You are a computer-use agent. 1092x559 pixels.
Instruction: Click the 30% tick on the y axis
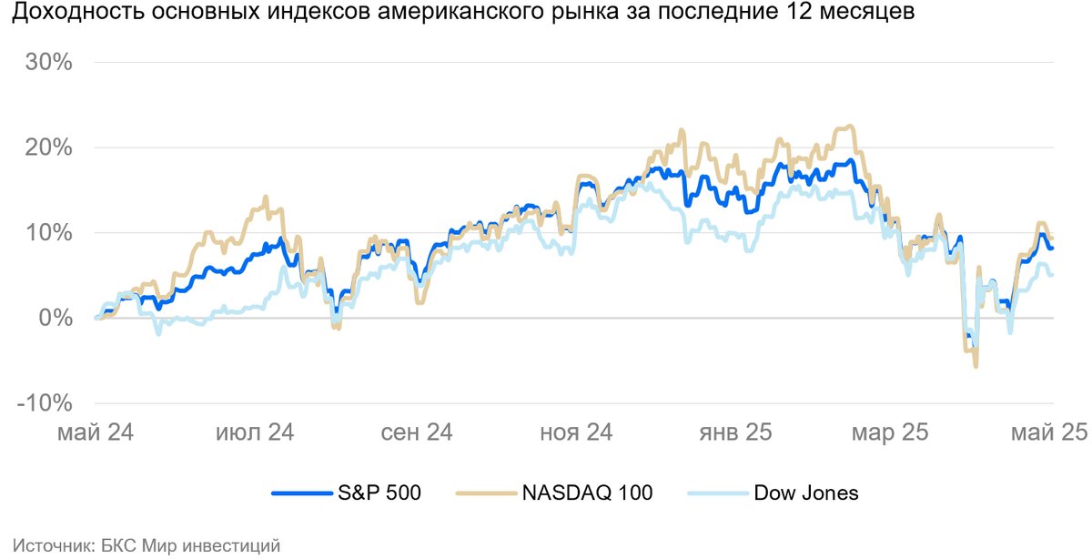click(x=49, y=63)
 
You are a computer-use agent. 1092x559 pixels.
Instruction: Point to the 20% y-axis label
click(x=49, y=147)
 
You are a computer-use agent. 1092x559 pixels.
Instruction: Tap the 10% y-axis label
click(x=49, y=233)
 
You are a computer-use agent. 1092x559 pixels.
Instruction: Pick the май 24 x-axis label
click(x=96, y=432)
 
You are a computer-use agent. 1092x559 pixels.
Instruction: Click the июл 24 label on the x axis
click(x=254, y=432)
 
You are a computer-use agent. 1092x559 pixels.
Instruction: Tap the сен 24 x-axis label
click(x=417, y=432)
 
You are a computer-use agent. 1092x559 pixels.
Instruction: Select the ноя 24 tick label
click(x=577, y=432)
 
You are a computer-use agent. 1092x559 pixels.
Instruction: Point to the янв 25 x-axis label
click(x=735, y=432)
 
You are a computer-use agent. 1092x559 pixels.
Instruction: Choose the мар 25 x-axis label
click(x=890, y=432)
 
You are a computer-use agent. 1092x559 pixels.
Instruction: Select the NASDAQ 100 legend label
click(x=587, y=493)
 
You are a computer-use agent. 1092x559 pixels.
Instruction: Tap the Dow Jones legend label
click(x=806, y=493)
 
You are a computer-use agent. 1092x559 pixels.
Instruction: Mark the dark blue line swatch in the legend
click(x=300, y=493)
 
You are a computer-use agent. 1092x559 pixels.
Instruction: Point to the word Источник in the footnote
click(x=49, y=545)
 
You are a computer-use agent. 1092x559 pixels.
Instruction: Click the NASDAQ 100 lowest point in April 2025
click(x=976, y=366)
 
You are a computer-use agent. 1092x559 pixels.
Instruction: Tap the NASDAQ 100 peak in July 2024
click(x=266, y=197)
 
